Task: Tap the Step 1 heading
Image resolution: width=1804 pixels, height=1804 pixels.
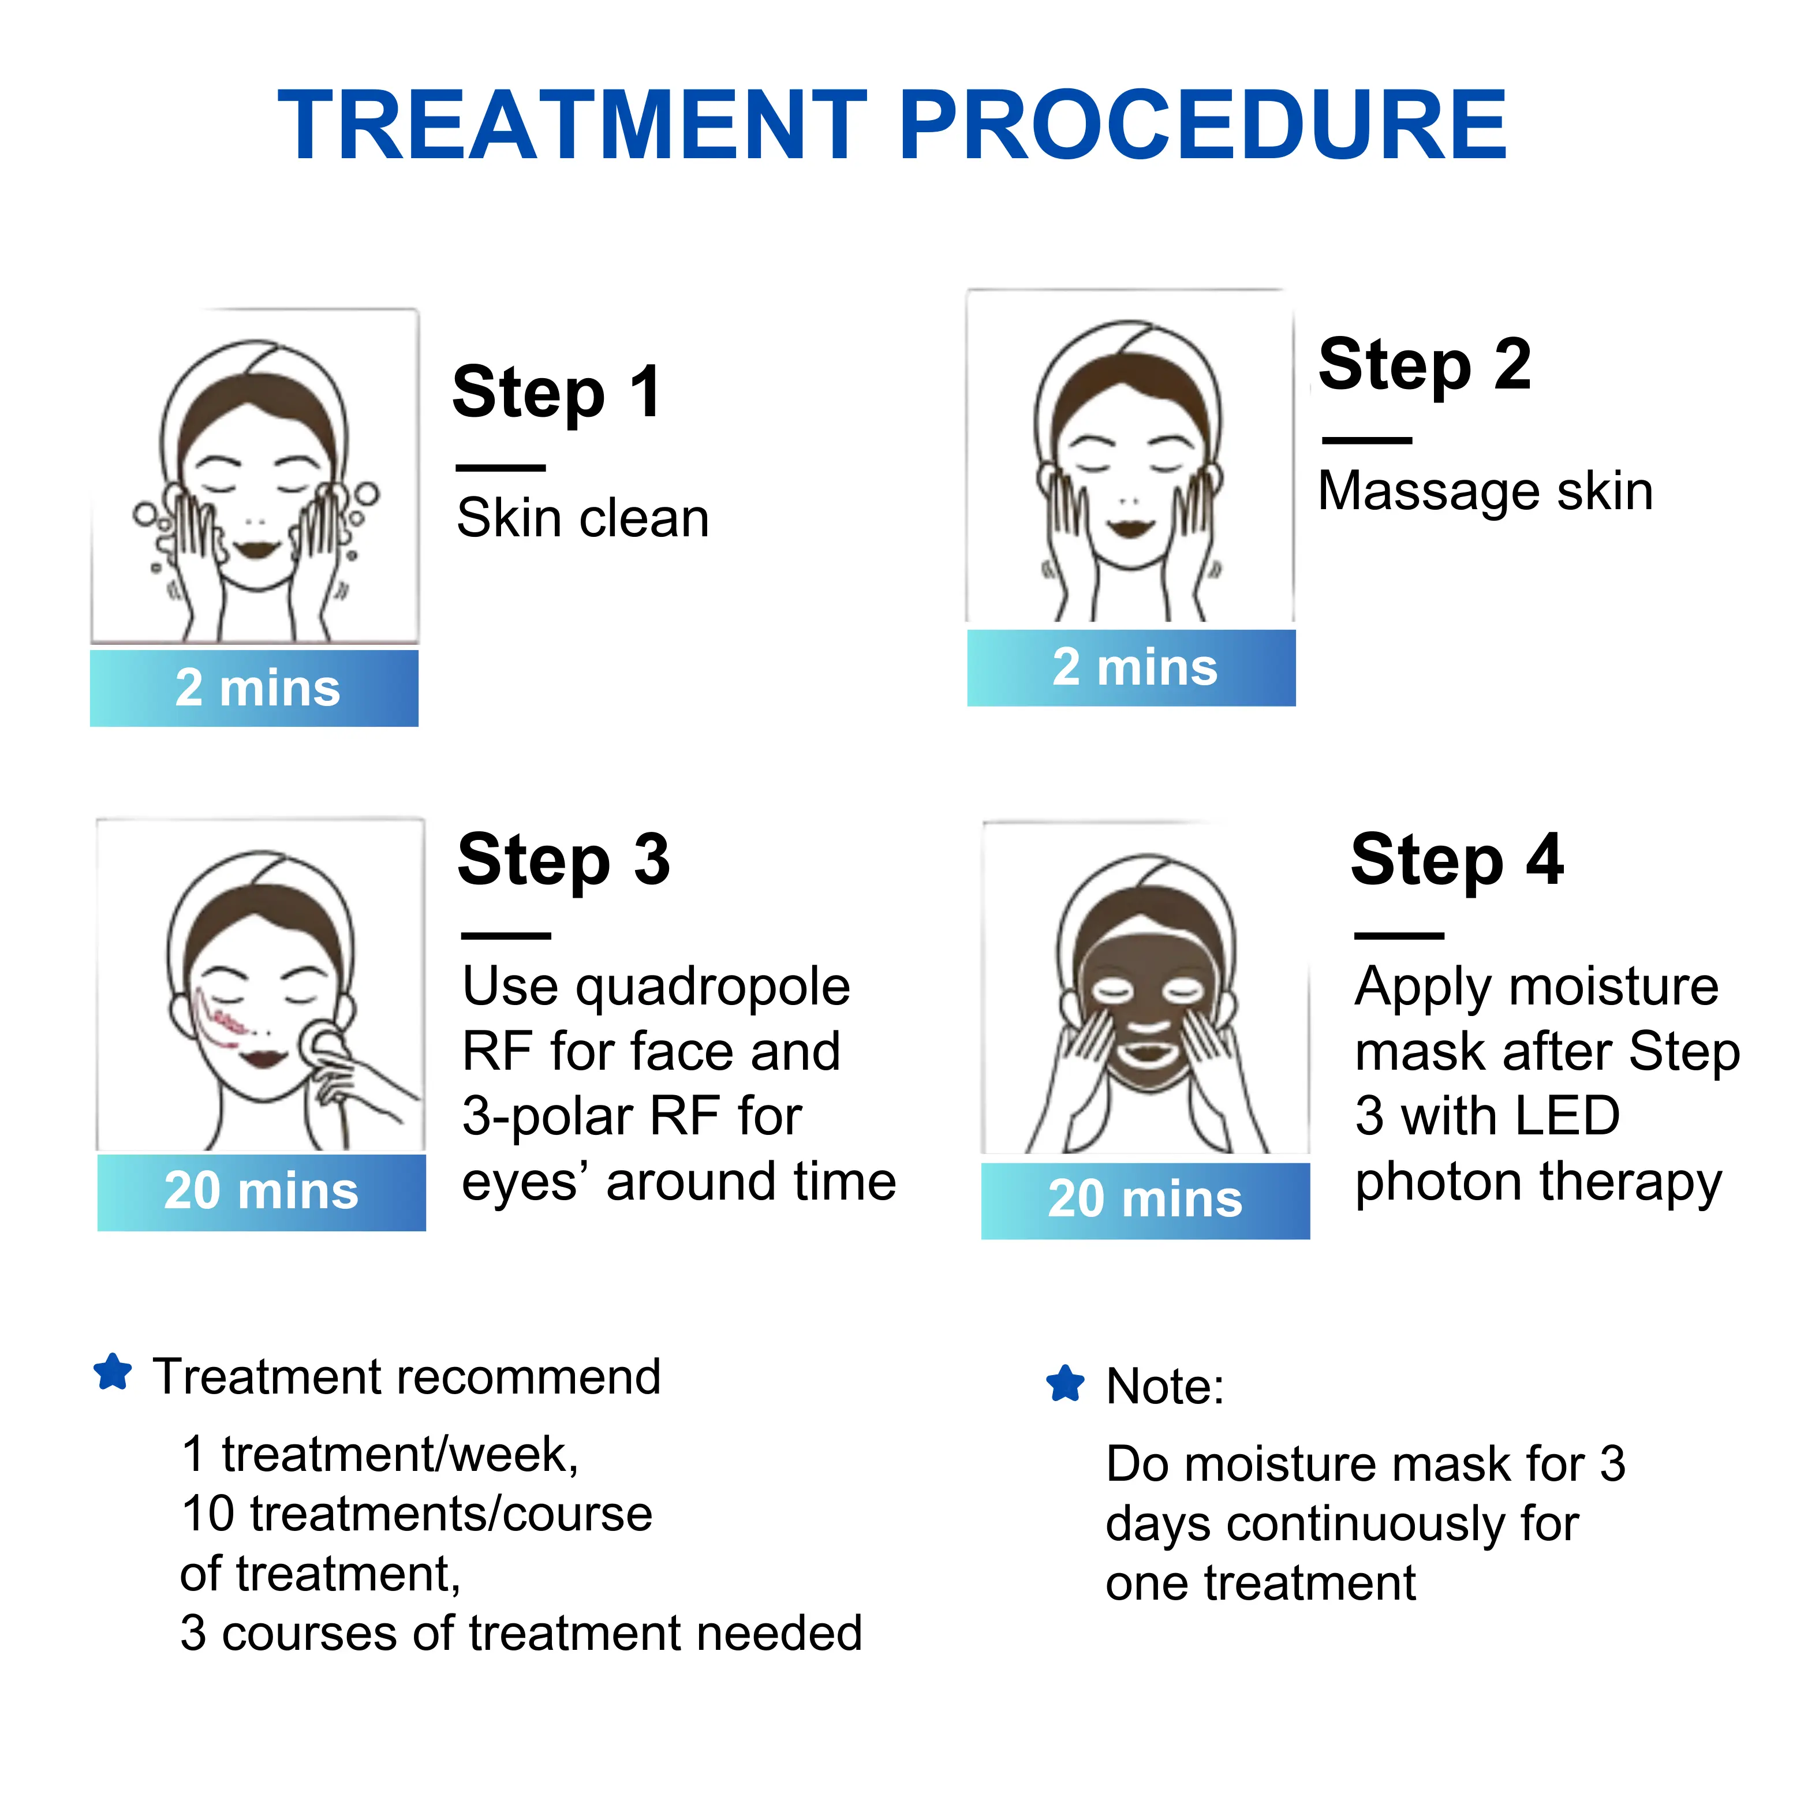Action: (x=558, y=392)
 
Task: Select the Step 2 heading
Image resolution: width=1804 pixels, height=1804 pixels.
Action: (x=1425, y=365)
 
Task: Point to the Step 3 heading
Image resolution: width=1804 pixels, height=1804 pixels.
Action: (x=564, y=861)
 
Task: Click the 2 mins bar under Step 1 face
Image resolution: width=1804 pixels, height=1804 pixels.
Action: (x=254, y=688)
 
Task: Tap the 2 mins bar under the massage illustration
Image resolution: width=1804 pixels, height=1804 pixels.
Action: (x=1131, y=668)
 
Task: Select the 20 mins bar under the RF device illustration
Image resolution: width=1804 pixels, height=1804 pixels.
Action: (x=262, y=1193)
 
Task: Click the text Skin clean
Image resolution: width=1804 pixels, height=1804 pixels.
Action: (x=582, y=518)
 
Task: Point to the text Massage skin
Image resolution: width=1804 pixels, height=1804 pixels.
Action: (x=1485, y=491)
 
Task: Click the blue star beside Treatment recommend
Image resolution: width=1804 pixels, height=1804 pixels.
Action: (x=113, y=1373)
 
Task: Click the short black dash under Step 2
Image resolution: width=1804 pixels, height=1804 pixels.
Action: (x=1367, y=440)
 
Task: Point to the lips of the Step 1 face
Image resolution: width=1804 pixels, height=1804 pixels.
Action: (x=256, y=547)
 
